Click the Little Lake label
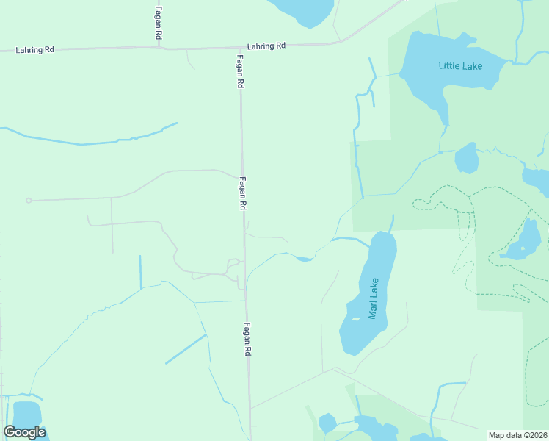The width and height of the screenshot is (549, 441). click(x=460, y=66)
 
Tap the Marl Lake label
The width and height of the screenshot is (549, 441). click(x=374, y=298)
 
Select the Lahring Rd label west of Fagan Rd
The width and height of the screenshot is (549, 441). click(x=34, y=50)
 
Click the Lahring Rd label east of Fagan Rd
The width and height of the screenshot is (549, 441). click(x=266, y=46)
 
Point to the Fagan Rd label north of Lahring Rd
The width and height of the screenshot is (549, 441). click(x=159, y=23)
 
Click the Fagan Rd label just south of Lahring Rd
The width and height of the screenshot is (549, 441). click(x=239, y=72)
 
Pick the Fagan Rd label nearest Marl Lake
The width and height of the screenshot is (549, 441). click(x=247, y=340)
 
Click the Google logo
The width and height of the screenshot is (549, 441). click(x=25, y=432)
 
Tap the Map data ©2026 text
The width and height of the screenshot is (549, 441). click(x=517, y=435)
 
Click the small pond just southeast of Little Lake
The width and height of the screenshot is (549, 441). click(x=467, y=158)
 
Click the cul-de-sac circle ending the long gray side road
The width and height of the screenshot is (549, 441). click(x=29, y=200)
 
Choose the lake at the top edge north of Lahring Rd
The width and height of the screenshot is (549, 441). click(x=302, y=10)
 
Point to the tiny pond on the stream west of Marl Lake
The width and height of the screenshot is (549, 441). click(x=305, y=258)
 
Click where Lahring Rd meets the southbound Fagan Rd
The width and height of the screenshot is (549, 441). click(x=239, y=48)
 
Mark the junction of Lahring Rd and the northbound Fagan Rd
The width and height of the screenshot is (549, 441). click(x=159, y=49)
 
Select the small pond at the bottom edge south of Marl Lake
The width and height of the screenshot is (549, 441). click(x=327, y=423)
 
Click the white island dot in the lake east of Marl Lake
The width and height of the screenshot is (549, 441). click(x=523, y=248)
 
